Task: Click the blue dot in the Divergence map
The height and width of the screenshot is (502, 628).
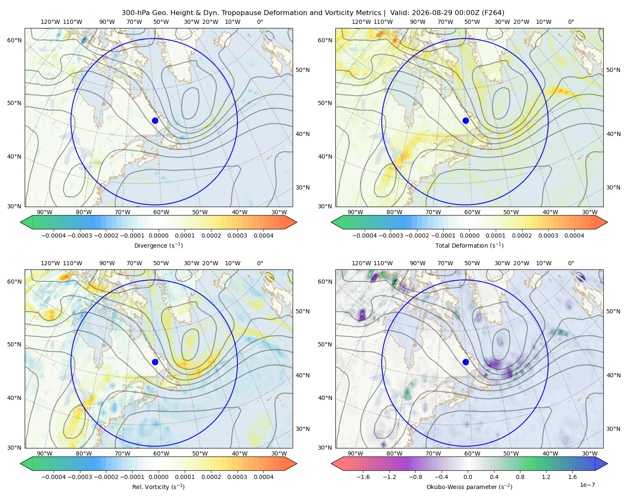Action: (155, 120)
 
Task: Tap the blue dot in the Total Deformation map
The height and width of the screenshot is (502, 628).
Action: (466, 120)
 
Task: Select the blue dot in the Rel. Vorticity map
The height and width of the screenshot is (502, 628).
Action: (155, 362)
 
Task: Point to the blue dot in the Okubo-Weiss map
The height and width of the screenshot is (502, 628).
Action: (466, 362)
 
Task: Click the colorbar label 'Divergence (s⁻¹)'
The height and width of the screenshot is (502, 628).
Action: (158, 245)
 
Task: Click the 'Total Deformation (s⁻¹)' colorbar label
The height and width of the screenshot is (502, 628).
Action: (469, 245)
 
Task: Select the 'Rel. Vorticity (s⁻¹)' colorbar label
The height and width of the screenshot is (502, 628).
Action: (158, 487)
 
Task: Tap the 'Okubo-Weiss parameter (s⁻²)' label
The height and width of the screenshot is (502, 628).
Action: (469, 487)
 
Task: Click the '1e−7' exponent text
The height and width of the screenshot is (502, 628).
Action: (587, 485)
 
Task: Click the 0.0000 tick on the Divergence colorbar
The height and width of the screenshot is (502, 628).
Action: (158, 236)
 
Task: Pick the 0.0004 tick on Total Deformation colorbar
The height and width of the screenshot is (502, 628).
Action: (574, 236)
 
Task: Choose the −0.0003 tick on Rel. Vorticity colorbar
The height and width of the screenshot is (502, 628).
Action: (80, 476)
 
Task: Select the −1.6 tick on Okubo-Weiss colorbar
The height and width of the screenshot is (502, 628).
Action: (363, 476)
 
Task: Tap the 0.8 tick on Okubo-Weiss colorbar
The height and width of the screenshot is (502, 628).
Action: (520, 476)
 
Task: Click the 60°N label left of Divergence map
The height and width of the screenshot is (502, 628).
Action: (14, 40)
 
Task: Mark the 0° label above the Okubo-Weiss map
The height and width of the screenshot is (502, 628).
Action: (571, 263)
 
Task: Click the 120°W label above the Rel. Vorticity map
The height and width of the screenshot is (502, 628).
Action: (50, 263)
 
